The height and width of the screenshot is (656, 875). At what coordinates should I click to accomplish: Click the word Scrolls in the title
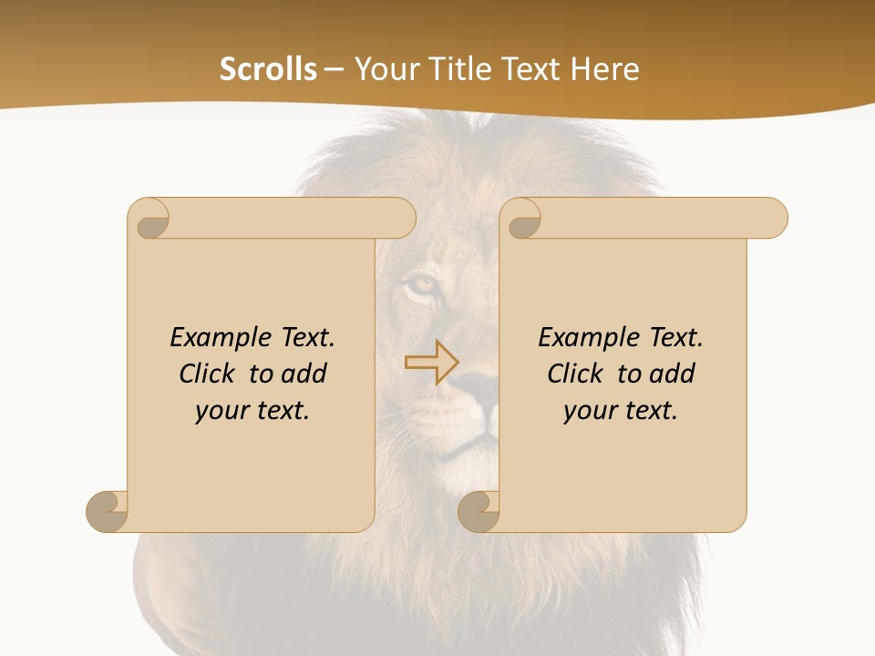(268, 69)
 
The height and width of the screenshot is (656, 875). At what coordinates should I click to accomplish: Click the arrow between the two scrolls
(431, 363)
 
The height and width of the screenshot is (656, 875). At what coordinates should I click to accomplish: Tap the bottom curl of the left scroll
(108, 510)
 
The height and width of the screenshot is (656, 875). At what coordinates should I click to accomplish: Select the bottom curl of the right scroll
(479, 510)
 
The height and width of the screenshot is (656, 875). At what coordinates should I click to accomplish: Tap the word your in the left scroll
(221, 411)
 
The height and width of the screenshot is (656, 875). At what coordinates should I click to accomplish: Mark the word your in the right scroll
(589, 411)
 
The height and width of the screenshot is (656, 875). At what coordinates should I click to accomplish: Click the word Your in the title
(383, 69)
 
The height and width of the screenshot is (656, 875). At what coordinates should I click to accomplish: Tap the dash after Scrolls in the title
(334, 70)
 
